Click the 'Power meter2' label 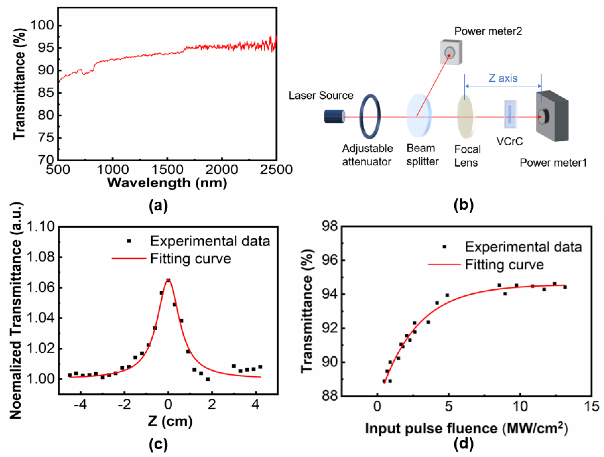488,31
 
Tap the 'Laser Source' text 321,95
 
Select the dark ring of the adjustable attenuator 361,116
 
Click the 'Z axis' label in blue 503,78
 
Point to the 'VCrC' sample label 509,141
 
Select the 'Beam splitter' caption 422,155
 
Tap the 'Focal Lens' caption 467,156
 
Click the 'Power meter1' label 553,163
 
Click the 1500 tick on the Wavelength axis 167,170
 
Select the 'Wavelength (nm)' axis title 167,183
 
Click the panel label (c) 158,444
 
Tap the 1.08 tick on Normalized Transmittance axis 41,257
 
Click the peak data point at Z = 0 168,280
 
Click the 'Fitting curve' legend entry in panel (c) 190,258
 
